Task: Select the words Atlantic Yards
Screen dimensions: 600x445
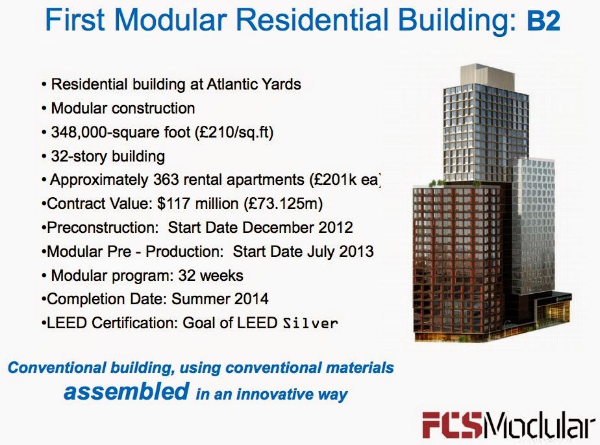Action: pos(254,84)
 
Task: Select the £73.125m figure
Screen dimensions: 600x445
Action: pos(284,204)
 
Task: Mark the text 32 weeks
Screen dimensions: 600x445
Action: pos(211,276)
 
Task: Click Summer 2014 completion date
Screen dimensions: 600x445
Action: pos(220,299)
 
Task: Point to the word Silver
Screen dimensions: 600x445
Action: pos(310,324)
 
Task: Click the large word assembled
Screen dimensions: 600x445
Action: pos(126,391)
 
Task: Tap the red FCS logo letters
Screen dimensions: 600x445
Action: pos(451,424)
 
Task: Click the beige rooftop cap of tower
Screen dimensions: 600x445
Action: pos(486,77)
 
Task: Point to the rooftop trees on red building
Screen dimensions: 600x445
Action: pos(436,183)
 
